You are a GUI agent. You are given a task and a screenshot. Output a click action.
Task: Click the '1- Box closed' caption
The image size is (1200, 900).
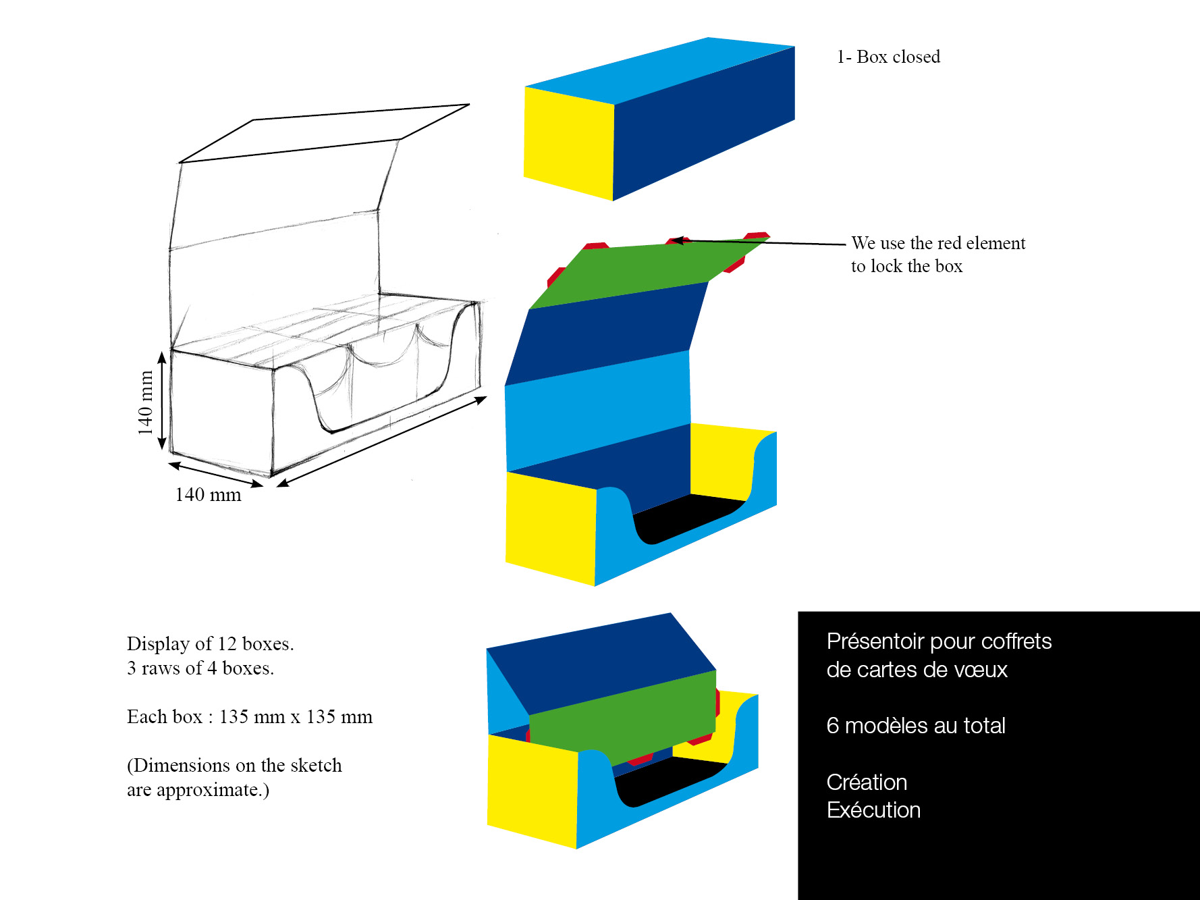click(x=888, y=57)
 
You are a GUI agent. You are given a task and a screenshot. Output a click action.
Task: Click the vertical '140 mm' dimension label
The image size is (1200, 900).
click(x=145, y=402)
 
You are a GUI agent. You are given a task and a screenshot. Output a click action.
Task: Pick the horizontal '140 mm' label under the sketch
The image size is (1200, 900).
click(x=208, y=495)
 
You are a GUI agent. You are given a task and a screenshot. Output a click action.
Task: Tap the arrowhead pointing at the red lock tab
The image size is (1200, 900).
click(x=678, y=240)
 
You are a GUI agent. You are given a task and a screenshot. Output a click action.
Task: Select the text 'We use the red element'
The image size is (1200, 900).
click(x=938, y=243)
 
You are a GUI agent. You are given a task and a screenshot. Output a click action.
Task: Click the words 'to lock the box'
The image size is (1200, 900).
click(x=906, y=266)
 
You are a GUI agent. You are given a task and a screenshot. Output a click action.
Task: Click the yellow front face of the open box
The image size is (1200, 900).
click(x=551, y=529)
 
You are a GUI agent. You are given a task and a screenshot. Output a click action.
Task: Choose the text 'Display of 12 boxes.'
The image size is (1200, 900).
click(x=211, y=644)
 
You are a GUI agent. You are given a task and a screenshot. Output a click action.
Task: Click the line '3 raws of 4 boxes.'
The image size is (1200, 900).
click(x=200, y=668)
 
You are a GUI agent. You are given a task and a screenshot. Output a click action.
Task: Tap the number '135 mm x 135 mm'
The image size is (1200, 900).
click(x=296, y=717)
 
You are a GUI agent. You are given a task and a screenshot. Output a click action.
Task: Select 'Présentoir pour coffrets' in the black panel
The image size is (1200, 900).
click(x=939, y=641)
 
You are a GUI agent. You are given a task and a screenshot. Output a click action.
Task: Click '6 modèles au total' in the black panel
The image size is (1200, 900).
click(x=916, y=726)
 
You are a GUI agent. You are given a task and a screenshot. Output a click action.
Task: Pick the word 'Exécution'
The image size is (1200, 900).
click(x=873, y=810)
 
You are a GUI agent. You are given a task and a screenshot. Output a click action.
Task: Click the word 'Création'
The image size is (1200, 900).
click(x=867, y=782)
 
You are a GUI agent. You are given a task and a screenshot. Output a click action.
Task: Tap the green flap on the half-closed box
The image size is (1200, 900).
click(x=622, y=716)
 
